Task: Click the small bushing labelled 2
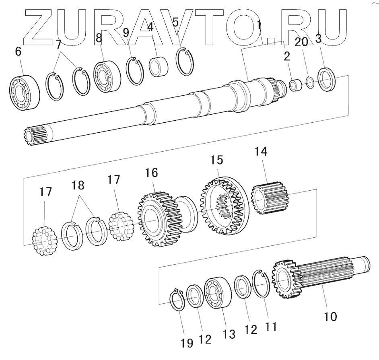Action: point(296,85)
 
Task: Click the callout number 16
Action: point(152,173)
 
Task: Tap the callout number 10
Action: point(330,316)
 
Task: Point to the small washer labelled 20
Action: point(310,83)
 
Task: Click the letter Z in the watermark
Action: point(40,26)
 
